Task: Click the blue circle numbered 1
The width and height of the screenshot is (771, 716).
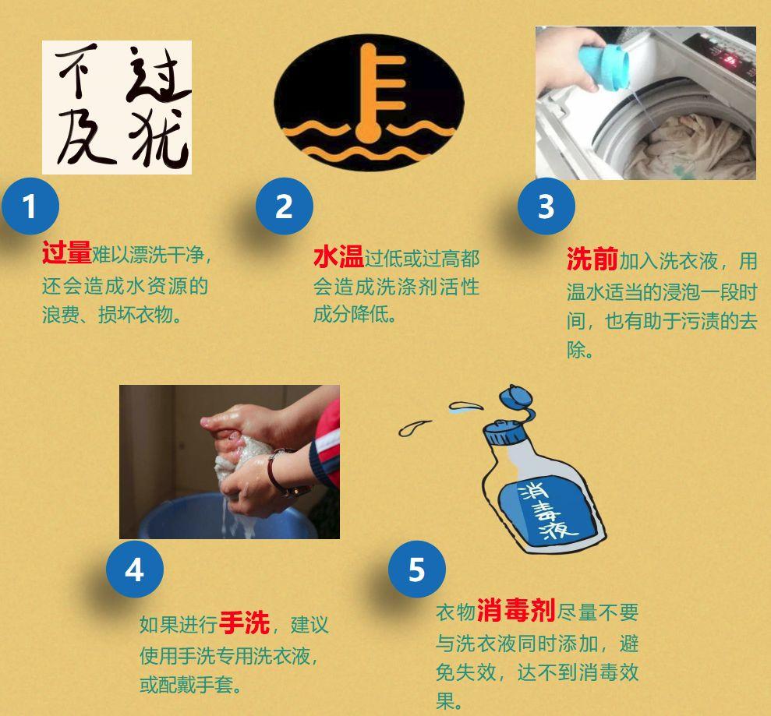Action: pos(30,206)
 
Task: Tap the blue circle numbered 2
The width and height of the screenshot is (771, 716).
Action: pos(285,206)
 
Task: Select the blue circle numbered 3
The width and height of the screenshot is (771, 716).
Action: pos(546,206)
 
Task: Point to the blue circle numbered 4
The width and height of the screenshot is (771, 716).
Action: pos(135,570)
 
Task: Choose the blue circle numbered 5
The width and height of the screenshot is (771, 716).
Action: pos(417,570)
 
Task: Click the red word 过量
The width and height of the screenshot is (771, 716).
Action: pos(67,252)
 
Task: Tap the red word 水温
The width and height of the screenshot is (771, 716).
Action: pos(339,257)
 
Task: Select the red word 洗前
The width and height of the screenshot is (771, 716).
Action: pos(592,259)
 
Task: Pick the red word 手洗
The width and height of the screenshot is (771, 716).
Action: pos(244,623)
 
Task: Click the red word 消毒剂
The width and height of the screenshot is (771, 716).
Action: pos(516,611)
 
